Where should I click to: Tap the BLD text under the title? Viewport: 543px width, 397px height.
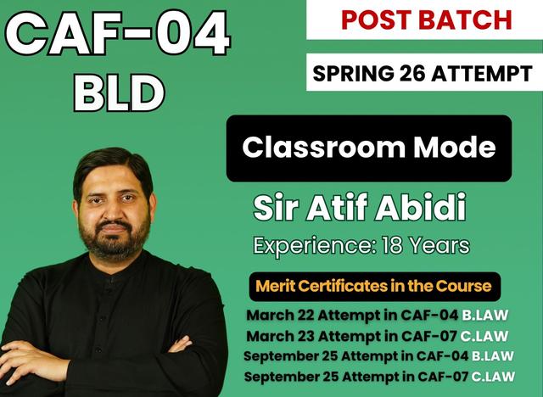118,92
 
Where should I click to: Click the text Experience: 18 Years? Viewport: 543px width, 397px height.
361,246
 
